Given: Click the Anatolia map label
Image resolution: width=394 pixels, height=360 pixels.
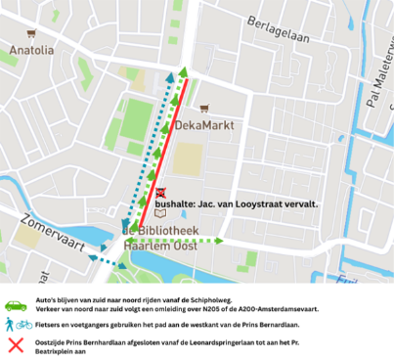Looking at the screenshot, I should [30, 49].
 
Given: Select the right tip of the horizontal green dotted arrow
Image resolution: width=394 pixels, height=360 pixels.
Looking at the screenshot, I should [224, 240].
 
